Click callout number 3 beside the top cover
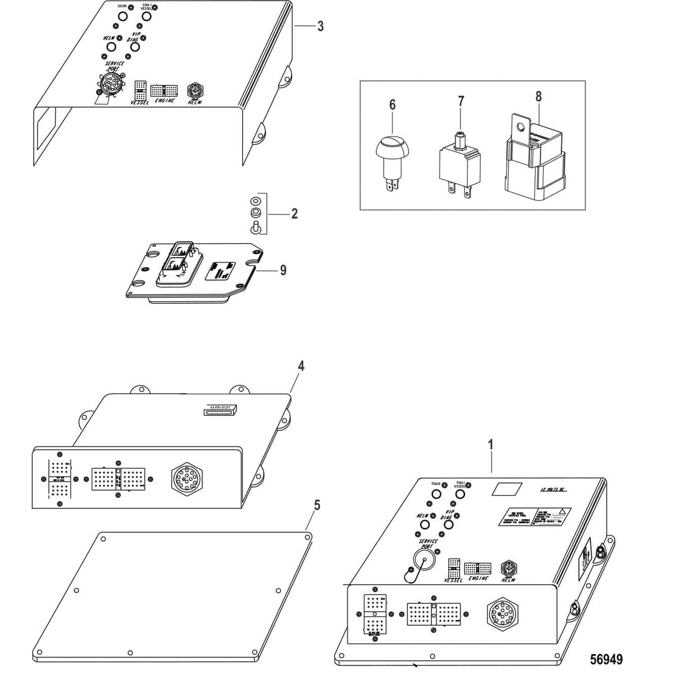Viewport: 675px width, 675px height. tap(320, 26)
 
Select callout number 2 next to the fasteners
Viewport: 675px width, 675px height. tap(294, 214)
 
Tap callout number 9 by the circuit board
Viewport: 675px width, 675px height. tap(283, 271)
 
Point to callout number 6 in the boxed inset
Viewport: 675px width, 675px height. tap(393, 105)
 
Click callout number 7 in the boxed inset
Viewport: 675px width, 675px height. tap(461, 102)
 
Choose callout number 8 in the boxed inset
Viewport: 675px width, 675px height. tap(538, 97)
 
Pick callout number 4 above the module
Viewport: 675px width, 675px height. tap(301, 366)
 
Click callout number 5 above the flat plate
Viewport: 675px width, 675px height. tap(317, 505)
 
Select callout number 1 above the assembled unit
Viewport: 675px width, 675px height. tap(490, 445)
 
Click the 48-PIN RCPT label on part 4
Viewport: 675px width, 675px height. tap(220, 409)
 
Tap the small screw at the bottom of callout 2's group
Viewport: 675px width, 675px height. tap(255, 227)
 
